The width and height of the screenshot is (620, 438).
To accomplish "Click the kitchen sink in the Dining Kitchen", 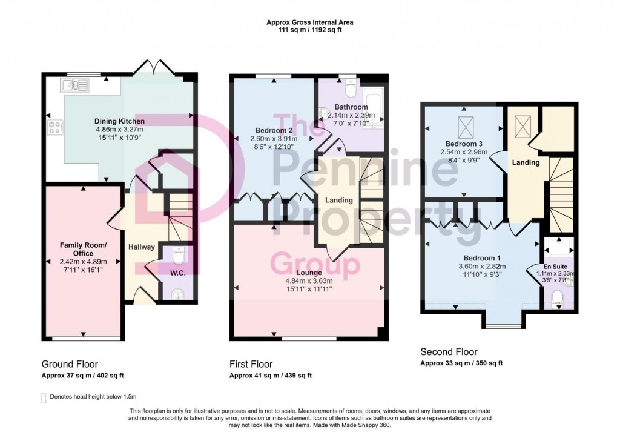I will (x=74, y=85).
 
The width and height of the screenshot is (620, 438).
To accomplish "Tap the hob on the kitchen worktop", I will (x=55, y=127).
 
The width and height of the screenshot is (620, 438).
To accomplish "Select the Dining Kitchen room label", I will (x=119, y=121).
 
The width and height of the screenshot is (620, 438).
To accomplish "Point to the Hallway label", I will (x=141, y=247).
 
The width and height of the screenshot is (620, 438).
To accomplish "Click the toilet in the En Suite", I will (x=558, y=297).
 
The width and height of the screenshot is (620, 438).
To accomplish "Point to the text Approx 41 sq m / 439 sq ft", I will (x=271, y=376).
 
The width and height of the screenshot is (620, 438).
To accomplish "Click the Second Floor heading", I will (x=449, y=352).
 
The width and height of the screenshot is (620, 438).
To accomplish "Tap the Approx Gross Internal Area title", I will (x=309, y=22).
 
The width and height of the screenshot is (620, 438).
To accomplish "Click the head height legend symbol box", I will (x=43, y=398).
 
